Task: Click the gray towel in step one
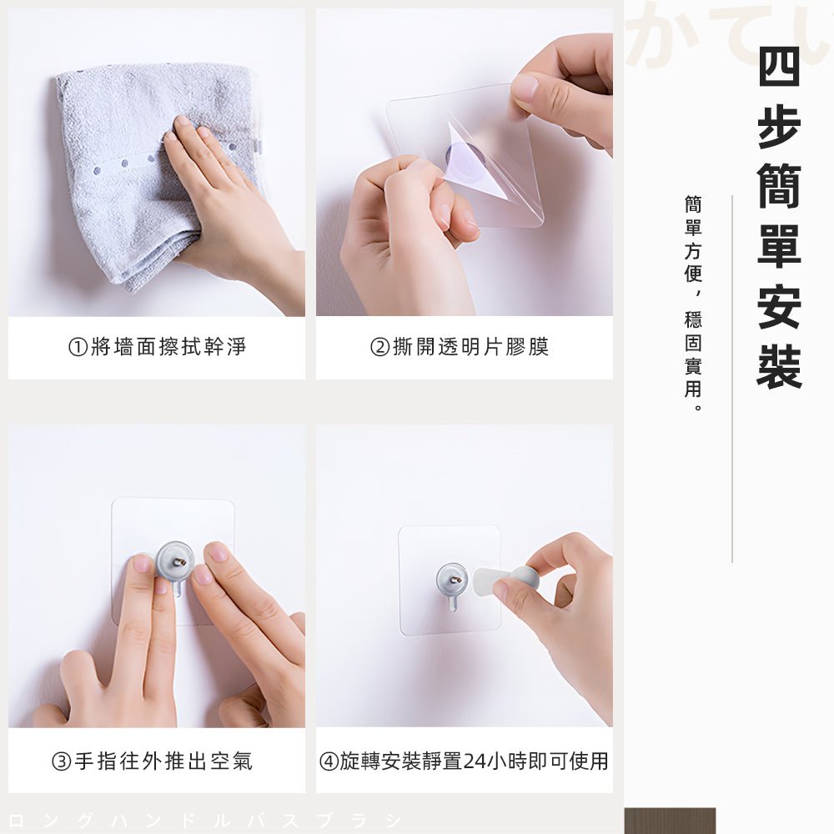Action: tap(125, 167)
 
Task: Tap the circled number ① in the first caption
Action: tap(78, 347)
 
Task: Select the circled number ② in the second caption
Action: tap(379, 347)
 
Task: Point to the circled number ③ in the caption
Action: tap(62, 761)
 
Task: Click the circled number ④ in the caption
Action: tap(329, 761)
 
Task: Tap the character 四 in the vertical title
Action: tap(779, 66)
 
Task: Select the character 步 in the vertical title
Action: tap(779, 126)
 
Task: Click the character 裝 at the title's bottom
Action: tap(779, 366)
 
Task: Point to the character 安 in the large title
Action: tap(779, 306)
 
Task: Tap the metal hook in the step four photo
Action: tap(452, 581)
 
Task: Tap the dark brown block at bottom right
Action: tap(670, 821)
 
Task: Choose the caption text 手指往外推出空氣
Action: tap(163, 761)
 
